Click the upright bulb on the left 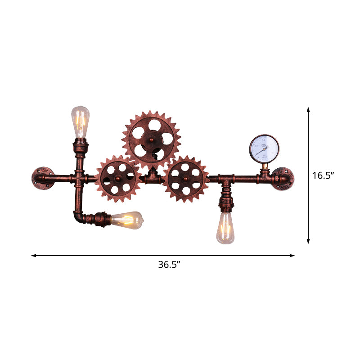pos(81,122)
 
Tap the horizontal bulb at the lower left pos(127,220)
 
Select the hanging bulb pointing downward pos(225,228)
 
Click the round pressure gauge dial pos(265,148)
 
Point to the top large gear pos(151,137)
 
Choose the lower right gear pos(186,178)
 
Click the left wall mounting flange pos(42,179)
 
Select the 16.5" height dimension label pos(323,175)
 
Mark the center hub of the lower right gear pos(186,179)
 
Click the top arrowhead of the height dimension pos(308,109)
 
